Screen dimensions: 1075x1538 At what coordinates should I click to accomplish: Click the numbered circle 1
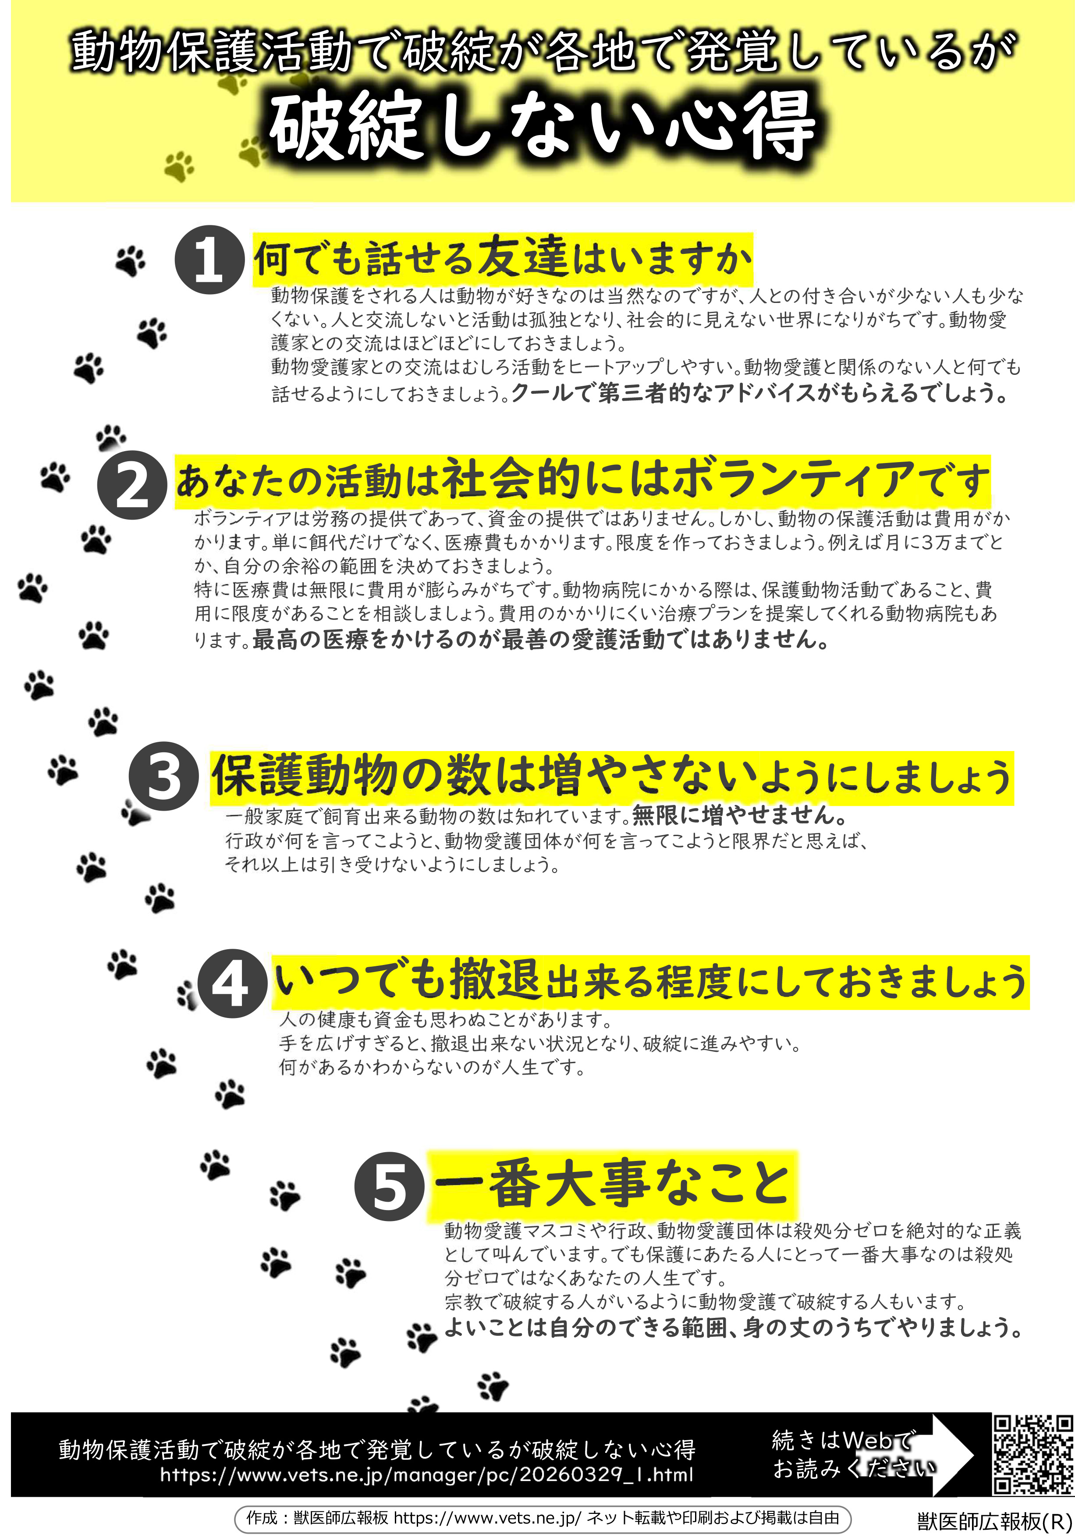(209, 260)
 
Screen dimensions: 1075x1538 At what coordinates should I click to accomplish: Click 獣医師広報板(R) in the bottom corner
(995, 1521)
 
